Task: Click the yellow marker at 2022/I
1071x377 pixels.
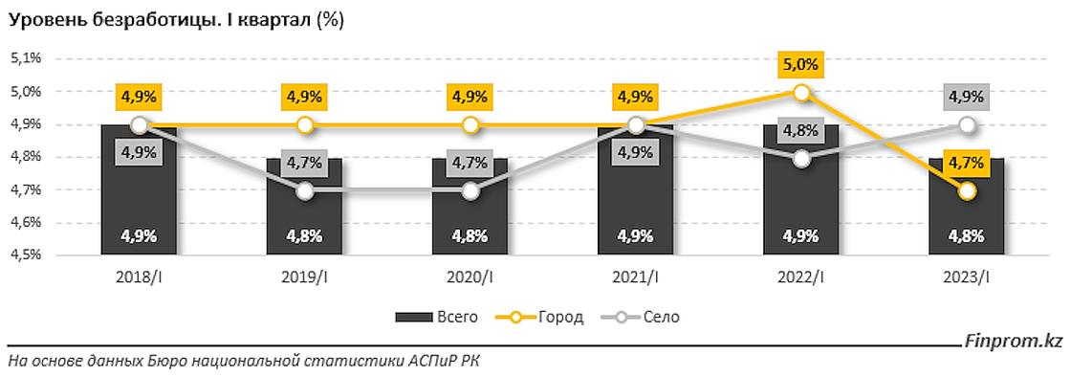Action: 801,93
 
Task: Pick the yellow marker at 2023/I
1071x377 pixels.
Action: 967,191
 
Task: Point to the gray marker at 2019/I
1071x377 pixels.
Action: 304,191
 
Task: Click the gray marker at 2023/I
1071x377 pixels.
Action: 967,125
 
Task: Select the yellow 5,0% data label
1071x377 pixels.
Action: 801,64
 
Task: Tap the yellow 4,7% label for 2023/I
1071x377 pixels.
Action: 967,164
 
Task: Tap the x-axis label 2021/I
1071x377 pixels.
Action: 635,277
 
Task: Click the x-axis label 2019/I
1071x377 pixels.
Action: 304,277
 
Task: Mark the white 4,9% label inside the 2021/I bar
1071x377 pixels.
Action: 635,235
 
